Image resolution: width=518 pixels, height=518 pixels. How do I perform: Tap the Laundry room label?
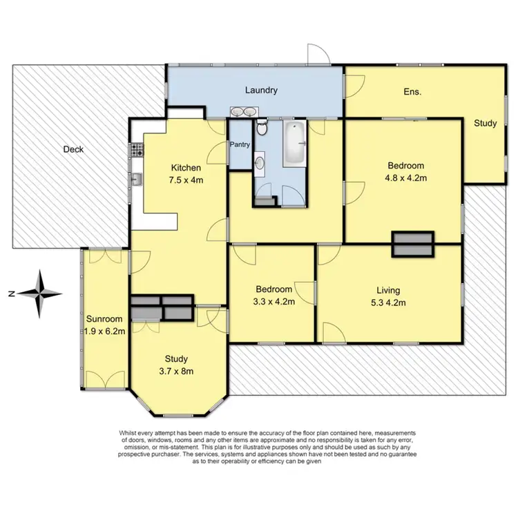(x=262, y=90)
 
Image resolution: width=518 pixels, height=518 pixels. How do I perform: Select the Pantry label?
(x=240, y=145)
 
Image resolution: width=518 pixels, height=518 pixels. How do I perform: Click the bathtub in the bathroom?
(x=294, y=143)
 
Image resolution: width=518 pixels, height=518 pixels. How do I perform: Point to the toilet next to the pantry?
(x=261, y=128)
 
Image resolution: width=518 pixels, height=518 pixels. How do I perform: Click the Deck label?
(x=73, y=149)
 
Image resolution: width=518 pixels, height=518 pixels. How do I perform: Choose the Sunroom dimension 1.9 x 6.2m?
(x=104, y=331)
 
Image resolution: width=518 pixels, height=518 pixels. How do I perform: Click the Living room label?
(x=388, y=290)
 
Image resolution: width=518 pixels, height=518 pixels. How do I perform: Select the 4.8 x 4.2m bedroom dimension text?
(x=405, y=178)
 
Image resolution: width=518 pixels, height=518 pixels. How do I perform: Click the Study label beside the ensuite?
(x=485, y=124)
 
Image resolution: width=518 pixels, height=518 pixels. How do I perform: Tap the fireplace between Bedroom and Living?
(x=413, y=244)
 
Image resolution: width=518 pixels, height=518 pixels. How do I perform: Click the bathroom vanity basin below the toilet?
(x=260, y=164)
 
